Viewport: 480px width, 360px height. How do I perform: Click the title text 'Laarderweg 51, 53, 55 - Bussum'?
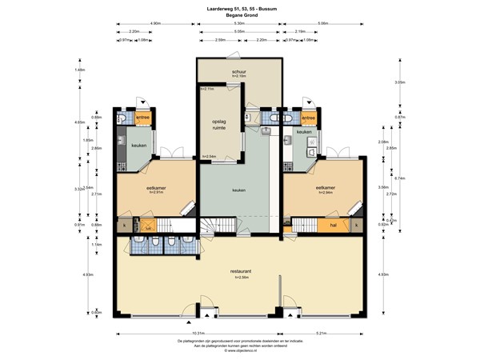pyautogui.click(x=239, y=8)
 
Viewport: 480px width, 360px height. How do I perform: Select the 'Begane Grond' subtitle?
pyautogui.click(x=239, y=14)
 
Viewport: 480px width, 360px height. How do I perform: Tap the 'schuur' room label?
pyautogui.click(x=239, y=73)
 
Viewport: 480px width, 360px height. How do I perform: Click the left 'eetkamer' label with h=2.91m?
pyautogui.click(x=155, y=190)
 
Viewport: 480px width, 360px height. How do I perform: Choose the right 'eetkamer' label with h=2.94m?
pyautogui.click(x=325, y=190)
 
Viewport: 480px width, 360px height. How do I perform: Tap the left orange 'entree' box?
pyautogui.click(x=142, y=118)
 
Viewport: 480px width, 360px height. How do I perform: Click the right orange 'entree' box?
pyautogui.click(x=310, y=118)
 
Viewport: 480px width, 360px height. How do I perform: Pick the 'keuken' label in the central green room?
pyautogui.click(x=238, y=190)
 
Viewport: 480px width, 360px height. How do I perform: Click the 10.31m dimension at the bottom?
pyautogui.click(x=198, y=333)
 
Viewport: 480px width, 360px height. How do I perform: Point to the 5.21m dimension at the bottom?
pyautogui.click(x=322, y=333)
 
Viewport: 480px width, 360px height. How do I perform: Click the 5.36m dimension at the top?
pyautogui.click(x=239, y=24)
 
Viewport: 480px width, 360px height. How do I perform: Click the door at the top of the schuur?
pyautogui.click(x=232, y=56)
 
